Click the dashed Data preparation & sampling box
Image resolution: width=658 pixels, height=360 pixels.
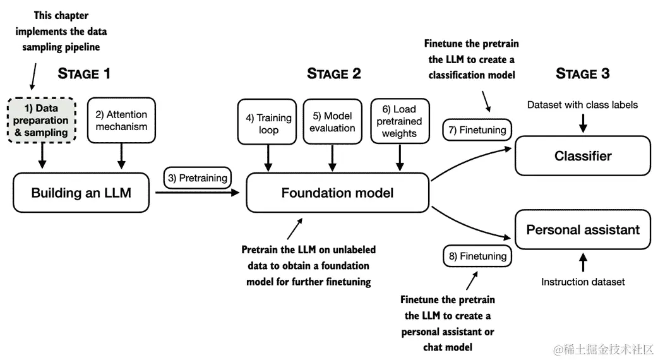(x=42, y=121)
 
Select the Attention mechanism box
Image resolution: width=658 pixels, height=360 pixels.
(x=121, y=121)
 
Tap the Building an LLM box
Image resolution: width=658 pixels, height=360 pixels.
(x=81, y=193)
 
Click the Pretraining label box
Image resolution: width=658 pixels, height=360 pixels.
(x=197, y=178)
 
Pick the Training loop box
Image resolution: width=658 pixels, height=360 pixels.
(x=267, y=122)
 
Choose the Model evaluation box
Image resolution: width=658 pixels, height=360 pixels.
(x=332, y=122)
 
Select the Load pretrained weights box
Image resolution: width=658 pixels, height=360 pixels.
(x=400, y=121)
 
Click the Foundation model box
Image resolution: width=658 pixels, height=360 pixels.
(x=337, y=193)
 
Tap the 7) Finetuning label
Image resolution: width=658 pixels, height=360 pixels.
(x=477, y=130)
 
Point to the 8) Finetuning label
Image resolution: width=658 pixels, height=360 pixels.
(x=477, y=256)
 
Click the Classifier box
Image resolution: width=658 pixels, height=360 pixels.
(x=583, y=155)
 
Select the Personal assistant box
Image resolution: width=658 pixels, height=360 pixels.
(x=583, y=229)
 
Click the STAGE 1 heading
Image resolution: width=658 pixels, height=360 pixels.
(x=84, y=73)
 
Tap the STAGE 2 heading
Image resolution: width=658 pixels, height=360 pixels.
(x=333, y=73)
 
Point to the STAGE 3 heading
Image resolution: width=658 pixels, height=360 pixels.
(x=582, y=73)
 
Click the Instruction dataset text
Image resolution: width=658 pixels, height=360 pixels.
(x=583, y=282)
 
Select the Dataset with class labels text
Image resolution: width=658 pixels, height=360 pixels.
(x=582, y=105)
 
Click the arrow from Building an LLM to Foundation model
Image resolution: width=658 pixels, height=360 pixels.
(x=197, y=193)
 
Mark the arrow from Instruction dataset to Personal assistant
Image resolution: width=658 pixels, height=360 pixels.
(x=583, y=262)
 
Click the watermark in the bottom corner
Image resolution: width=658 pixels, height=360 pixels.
(x=603, y=349)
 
